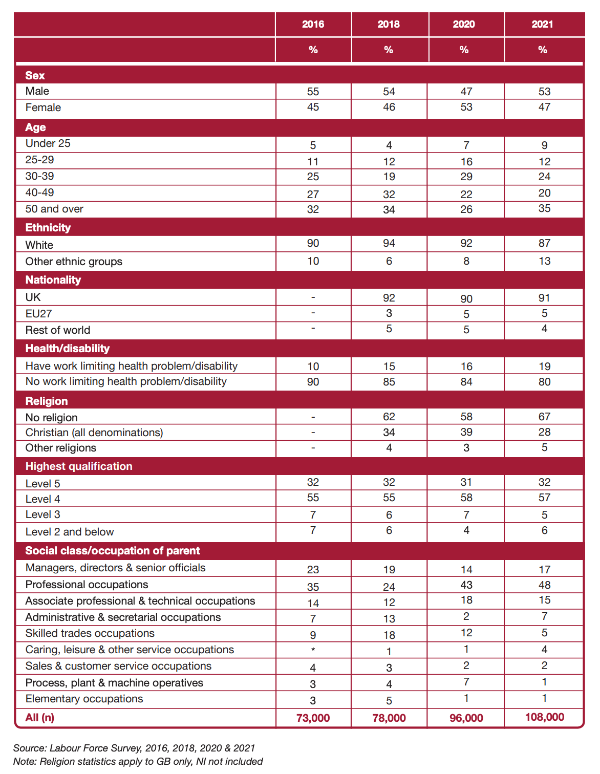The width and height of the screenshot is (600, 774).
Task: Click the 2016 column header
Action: coord(313,24)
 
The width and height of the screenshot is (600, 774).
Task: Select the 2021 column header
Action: coord(542,24)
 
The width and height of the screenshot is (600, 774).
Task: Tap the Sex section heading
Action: coord(35,75)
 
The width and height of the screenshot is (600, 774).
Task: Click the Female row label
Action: coord(43,107)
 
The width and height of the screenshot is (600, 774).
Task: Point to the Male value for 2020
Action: coord(466,92)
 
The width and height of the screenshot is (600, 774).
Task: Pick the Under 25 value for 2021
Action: coord(544,145)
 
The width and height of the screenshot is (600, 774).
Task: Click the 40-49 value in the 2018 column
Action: coord(389,195)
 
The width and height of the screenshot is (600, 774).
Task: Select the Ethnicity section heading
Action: coord(48,227)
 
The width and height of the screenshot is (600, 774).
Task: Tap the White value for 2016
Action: coord(313,243)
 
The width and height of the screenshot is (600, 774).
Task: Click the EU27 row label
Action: coord(38,313)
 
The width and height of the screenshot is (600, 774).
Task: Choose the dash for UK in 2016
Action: coord(313,297)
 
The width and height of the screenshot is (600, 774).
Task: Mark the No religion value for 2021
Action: coord(544,416)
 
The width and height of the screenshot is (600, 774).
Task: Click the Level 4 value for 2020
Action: coord(466,497)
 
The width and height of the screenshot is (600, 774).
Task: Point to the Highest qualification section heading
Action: coord(79,466)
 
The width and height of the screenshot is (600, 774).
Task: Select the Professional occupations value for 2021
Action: coord(544,585)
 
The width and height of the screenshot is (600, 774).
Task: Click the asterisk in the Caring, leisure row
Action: coord(313,649)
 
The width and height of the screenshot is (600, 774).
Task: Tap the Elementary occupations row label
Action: coord(84,699)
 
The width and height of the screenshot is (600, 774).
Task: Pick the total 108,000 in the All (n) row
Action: coord(544,717)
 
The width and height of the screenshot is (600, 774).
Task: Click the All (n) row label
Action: coord(39,717)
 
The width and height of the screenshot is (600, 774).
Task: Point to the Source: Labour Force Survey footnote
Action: coord(134,748)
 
